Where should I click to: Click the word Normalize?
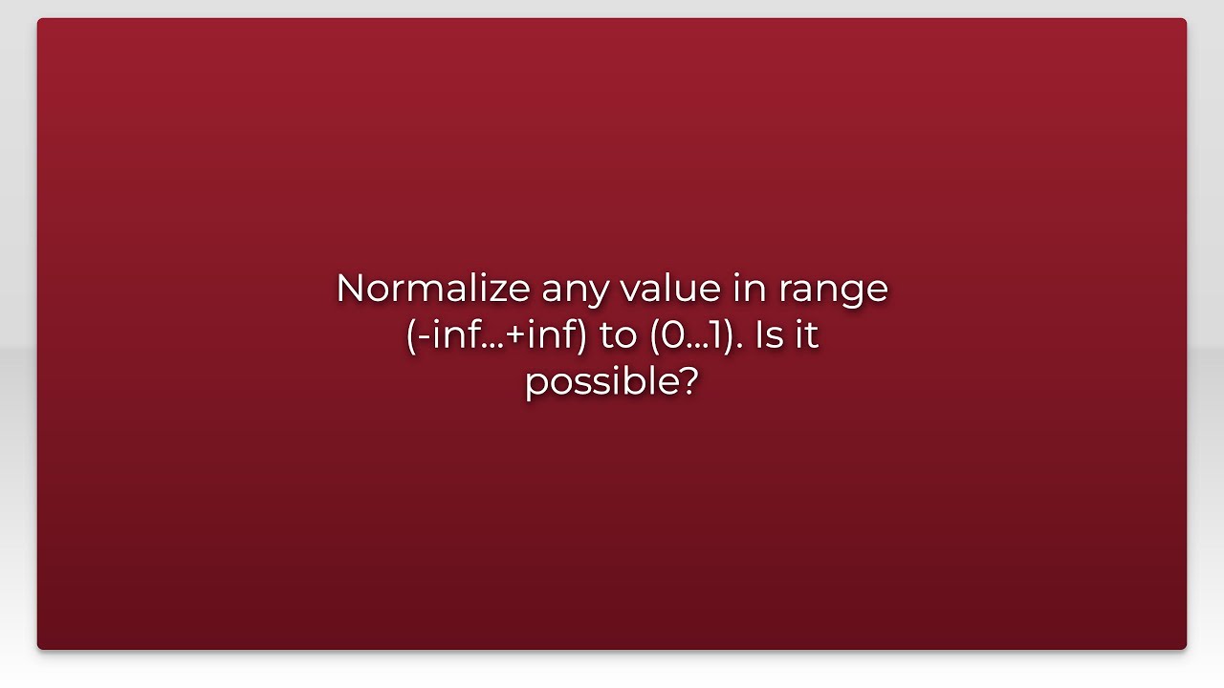pos(433,289)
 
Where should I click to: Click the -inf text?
pos(440,335)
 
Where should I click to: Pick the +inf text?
pos(538,335)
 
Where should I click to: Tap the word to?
pos(618,336)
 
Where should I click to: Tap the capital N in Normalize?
pos(350,289)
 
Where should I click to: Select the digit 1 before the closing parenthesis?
pos(720,335)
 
